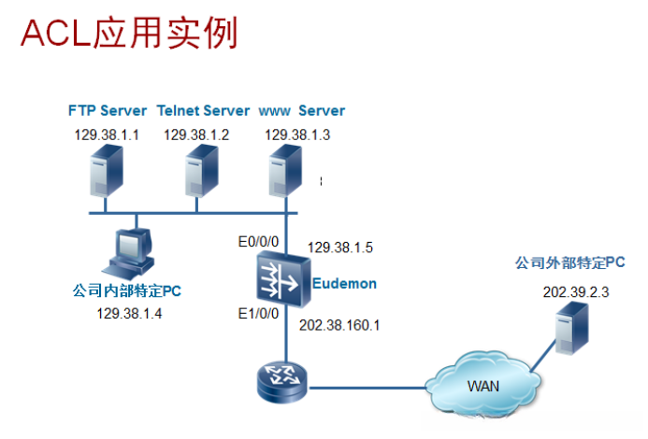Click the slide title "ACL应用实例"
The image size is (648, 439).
click(129, 33)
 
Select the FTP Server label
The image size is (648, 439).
click(108, 110)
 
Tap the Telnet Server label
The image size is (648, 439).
click(203, 110)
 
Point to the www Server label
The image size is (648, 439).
click(302, 110)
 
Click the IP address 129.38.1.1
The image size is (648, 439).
click(107, 135)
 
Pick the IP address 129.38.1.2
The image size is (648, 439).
click(196, 135)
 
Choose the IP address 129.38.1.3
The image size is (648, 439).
click(297, 135)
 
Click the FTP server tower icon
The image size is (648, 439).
click(107, 171)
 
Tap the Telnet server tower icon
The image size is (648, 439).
click(201, 171)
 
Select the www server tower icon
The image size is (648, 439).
click(285, 171)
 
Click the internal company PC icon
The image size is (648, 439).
click(129, 252)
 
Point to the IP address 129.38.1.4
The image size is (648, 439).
click(129, 314)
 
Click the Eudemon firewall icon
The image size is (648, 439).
click(283, 280)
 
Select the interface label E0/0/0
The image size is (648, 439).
click(258, 242)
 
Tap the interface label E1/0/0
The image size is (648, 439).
click(258, 314)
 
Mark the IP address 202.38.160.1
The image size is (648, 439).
click(339, 325)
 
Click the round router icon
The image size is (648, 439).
click(282, 382)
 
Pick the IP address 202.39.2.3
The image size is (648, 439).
click(576, 292)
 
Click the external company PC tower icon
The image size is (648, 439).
click(572, 329)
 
